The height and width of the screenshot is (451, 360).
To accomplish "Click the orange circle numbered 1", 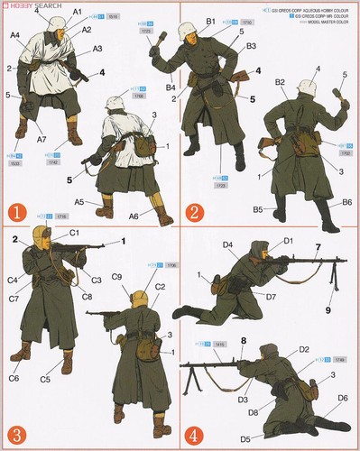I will point(15,215).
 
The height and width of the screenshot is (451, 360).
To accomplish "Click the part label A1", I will point(78,12).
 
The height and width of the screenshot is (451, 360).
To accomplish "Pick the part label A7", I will point(43,141).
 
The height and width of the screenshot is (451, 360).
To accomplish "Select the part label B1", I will point(210,21).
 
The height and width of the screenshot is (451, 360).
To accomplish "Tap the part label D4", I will point(228,245).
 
